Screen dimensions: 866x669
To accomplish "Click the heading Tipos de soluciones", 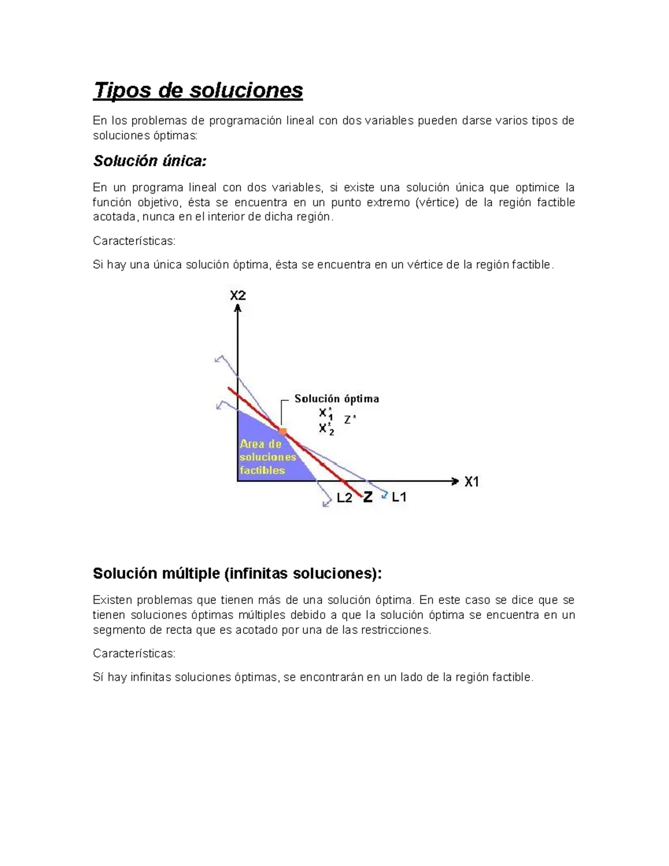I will pyautogui.click(x=198, y=90).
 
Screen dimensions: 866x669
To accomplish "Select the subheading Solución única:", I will pyautogui.click(x=149, y=161).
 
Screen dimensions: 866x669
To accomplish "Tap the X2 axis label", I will pyautogui.click(x=238, y=296).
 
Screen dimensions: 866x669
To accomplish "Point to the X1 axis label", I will pyautogui.click(x=472, y=482).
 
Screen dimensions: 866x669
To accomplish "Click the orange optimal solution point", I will pyautogui.click(x=283, y=431).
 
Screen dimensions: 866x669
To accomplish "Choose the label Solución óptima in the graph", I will pyautogui.click(x=337, y=399).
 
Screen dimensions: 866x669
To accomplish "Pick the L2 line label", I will pyautogui.click(x=345, y=498).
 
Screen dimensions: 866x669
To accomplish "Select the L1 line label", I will pyautogui.click(x=399, y=497).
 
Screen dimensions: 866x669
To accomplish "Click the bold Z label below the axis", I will pyautogui.click(x=368, y=497).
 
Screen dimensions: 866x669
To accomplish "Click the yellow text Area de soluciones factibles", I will pyautogui.click(x=268, y=457).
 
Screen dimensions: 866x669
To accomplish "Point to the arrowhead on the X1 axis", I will pyautogui.click(x=454, y=481).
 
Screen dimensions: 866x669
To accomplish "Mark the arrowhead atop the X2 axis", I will pyautogui.click(x=238, y=307).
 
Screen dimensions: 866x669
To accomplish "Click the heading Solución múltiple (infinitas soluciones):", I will pyautogui.click(x=237, y=573).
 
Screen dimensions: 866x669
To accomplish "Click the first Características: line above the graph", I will pyautogui.click(x=134, y=241).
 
